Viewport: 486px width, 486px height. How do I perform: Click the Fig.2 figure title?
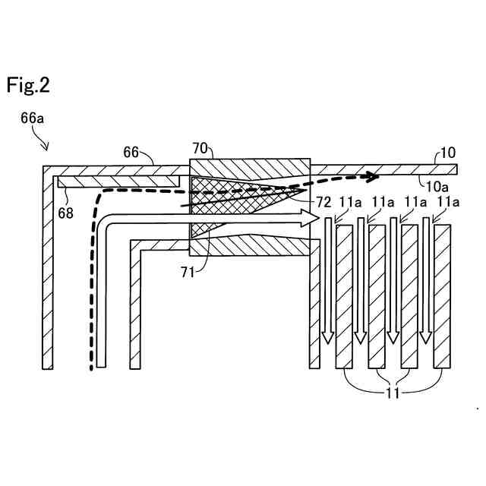point(28,85)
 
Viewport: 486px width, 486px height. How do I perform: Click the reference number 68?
point(67,213)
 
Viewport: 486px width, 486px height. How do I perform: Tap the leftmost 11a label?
point(350,203)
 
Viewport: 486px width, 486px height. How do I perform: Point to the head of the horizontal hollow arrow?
point(311,219)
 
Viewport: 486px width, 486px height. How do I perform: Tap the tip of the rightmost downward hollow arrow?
point(425,339)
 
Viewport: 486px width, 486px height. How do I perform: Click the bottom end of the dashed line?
point(92,369)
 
